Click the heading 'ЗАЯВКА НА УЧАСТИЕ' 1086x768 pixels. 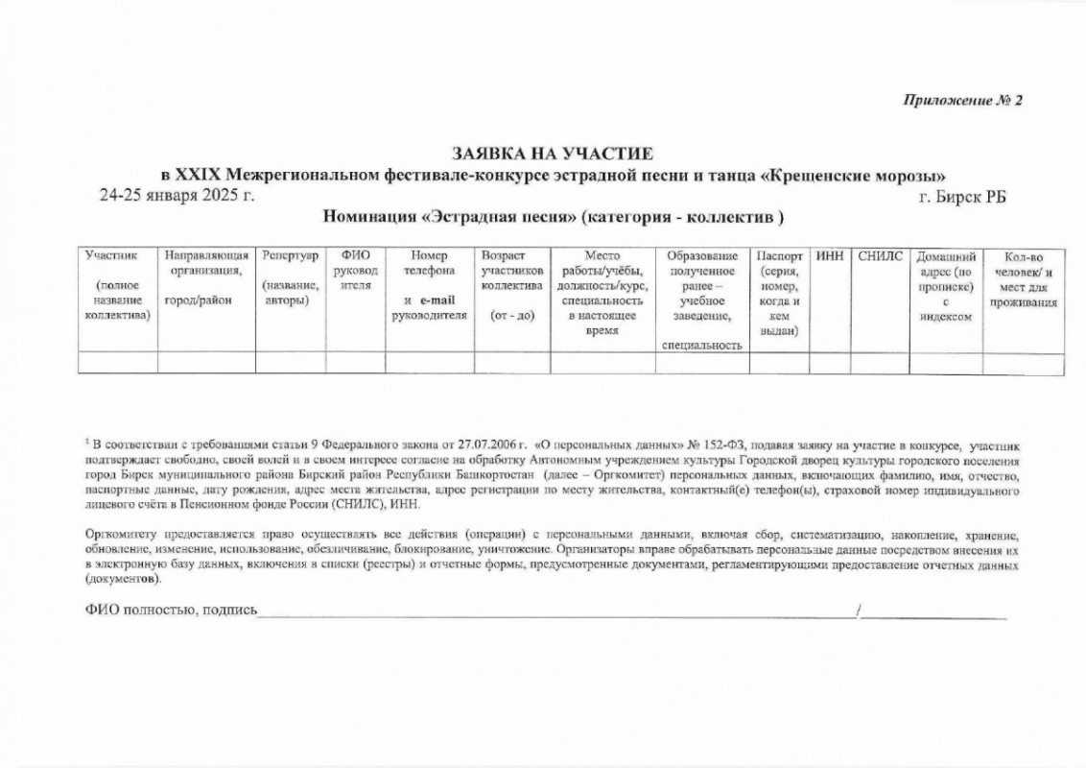coord(554,154)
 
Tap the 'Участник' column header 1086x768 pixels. coord(112,256)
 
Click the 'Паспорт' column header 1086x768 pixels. coord(779,256)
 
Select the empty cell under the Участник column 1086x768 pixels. coord(118,363)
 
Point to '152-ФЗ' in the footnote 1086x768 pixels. coord(719,444)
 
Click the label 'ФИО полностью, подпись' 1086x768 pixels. coord(172,612)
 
